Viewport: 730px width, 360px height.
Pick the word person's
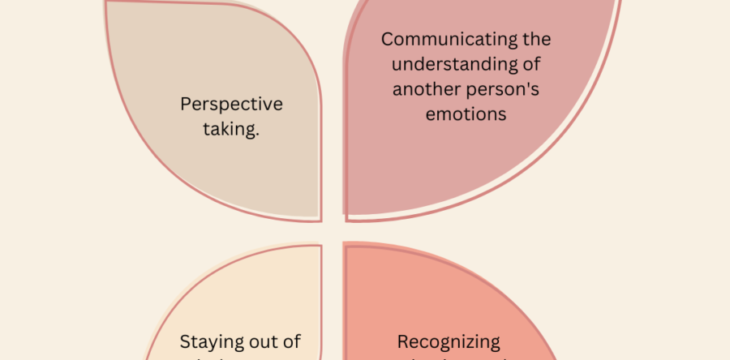click(504, 88)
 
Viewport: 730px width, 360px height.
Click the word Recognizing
click(449, 341)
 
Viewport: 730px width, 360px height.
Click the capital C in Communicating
click(388, 39)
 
